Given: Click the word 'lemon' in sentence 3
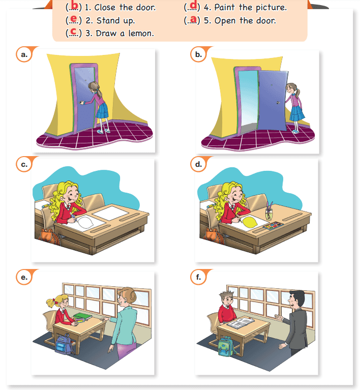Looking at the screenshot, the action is (x=141, y=34).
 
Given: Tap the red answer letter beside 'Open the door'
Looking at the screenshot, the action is (x=193, y=19).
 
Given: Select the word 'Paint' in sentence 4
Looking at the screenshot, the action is (x=224, y=8).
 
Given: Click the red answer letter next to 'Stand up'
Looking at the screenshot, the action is (x=74, y=19).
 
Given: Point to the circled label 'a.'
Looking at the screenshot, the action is (x=24, y=54).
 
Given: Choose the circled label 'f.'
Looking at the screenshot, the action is (x=198, y=277).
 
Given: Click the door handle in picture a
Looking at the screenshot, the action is (x=82, y=102).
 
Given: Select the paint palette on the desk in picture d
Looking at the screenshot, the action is (x=273, y=226).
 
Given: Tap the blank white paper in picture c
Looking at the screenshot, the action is (x=110, y=213).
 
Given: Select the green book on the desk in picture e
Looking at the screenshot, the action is (x=82, y=316).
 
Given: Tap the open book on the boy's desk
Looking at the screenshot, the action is (x=241, y=323).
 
